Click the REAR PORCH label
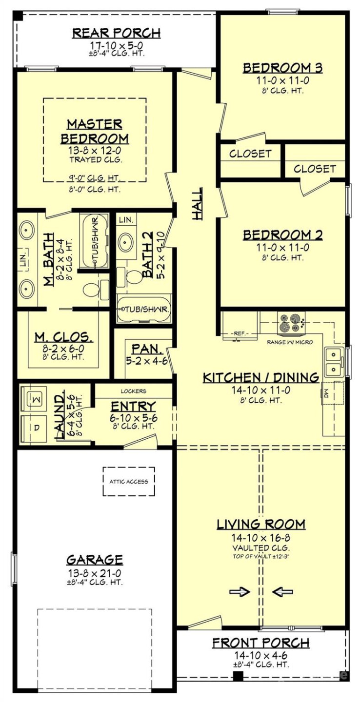click(116, 33)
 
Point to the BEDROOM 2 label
click(283, 235)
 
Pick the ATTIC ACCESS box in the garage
click(129, 481)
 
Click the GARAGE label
click(95, 559)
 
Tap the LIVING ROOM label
click(261, 524)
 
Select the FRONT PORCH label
click(260, 643)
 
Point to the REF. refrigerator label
click(239, 334)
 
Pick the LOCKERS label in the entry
click(133, 391)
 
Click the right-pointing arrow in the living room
click(239, 592)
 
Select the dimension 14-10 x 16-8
click(261, 538)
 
